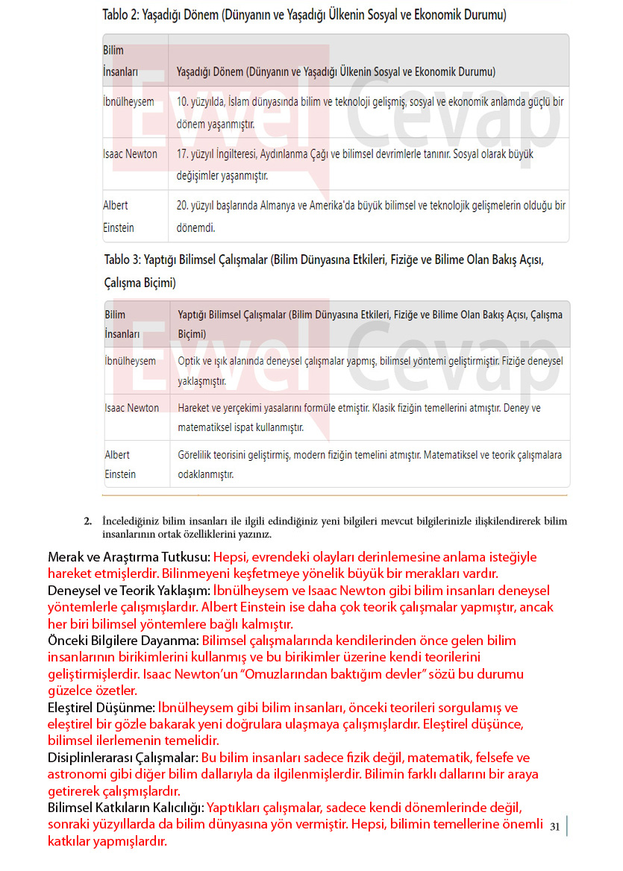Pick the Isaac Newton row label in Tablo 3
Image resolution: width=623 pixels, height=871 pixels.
point(132,408)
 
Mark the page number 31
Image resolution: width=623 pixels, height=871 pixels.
point(554,826)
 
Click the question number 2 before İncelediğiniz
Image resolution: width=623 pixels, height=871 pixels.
point(87,521)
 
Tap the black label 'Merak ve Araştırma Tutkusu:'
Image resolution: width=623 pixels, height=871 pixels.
point(129,557)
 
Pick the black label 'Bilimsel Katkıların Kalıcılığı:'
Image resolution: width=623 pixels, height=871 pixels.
point(125,808)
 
